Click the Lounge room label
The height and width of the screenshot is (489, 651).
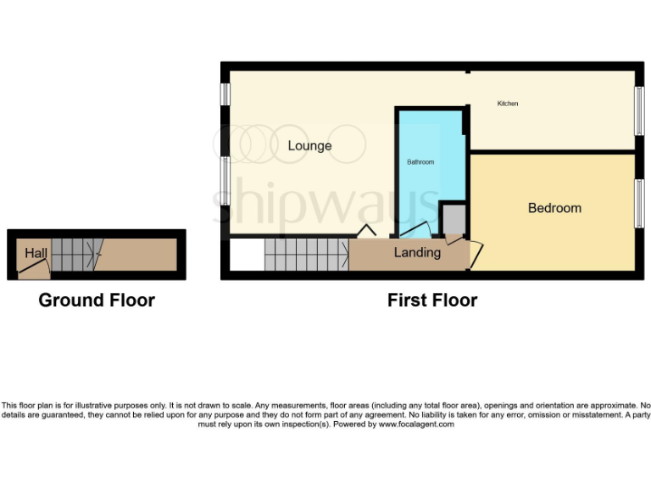tap(309, 146)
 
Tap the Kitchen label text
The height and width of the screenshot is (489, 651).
tap(508, 104)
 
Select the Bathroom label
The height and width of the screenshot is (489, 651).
tap(420, 162)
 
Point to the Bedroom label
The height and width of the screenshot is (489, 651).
tap(554, 208)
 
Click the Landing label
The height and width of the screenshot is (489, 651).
tap(417, 253)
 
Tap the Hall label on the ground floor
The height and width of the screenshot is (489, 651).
tap(36, 253)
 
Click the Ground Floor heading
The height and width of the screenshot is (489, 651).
tap(97, 300)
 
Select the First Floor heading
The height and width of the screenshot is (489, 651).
tap(431, 300)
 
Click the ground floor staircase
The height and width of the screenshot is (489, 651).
tap(74, 253)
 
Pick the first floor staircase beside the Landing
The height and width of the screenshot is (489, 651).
tap(306, 253)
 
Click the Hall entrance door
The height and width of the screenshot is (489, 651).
tap(34, 269)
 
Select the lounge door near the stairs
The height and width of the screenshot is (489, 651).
tap(367, 230)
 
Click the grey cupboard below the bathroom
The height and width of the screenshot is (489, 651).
tap(453, 219)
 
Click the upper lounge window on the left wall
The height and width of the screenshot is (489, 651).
tap(225, 94)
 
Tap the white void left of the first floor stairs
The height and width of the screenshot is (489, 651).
tap(247, 255)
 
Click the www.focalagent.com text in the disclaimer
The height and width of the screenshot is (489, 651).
tap(416, 424)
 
